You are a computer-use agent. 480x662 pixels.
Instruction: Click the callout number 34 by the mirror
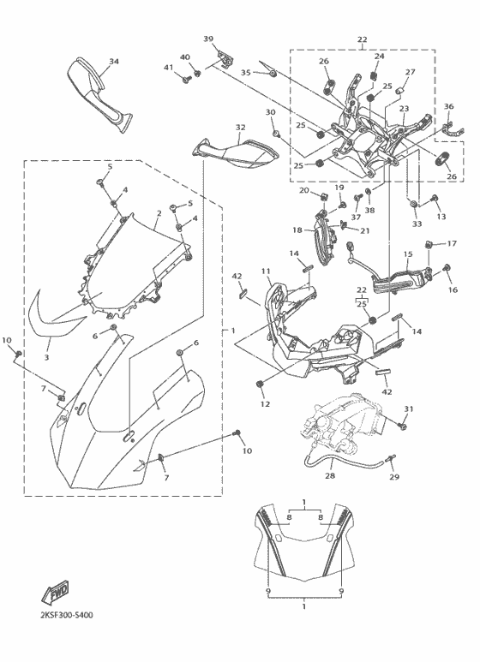coord(114,62)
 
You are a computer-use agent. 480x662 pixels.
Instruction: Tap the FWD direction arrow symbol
coord(56,591)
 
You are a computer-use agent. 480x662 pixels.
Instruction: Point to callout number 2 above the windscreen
coord(159,213)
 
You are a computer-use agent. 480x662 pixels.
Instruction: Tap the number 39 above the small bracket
coord(208,39)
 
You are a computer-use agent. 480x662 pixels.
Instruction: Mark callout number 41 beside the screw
coord(169,68)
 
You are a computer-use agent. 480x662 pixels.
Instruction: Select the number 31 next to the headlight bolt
coord(409,409)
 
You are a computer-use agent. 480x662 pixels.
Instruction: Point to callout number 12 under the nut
coord(265,403)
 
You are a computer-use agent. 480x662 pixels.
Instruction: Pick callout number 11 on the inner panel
coord(266,271)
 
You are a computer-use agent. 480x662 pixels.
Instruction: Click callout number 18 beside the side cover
coord(297,230)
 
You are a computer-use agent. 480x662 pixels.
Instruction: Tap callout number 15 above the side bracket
coord(408,254)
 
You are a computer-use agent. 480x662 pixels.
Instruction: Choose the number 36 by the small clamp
coord(447,106)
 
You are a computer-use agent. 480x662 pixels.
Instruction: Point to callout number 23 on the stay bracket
coord(403,109)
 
